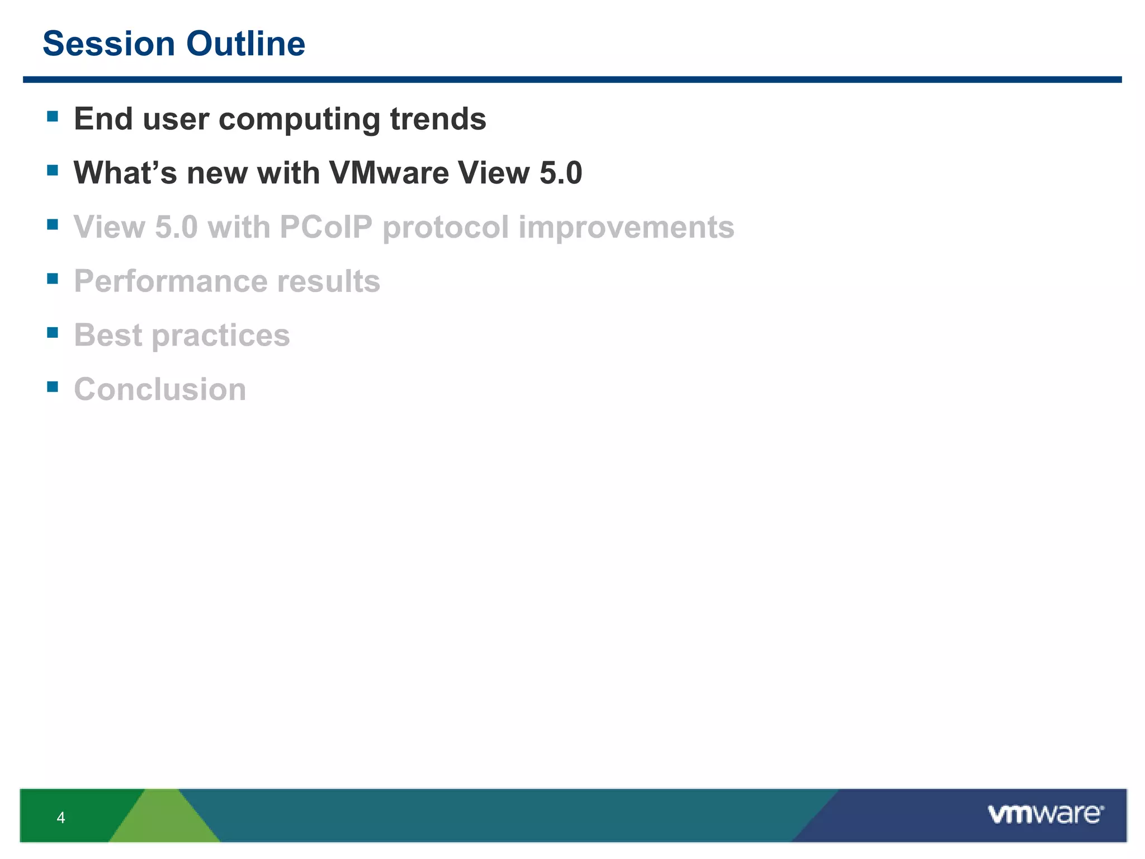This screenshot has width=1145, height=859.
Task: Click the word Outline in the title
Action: tap(245, 44)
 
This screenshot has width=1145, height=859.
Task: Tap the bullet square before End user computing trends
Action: tap(53, 116)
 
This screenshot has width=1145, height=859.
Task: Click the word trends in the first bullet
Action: tap(438, 119)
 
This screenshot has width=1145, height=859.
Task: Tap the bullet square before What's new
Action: tap(53, 170)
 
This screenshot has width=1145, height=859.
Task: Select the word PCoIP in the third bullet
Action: tap(325, 226)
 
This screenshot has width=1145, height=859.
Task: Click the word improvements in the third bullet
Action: tap(626, 228)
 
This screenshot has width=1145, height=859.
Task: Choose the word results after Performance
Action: tap(329, 281)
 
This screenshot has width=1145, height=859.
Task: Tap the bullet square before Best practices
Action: tap(53, 332)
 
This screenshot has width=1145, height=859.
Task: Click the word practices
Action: tap(221, 336)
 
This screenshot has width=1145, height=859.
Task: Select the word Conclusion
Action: tap(160, 389)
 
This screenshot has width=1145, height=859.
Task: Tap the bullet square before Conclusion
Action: tap(53, 386)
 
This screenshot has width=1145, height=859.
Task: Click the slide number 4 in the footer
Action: tap(61, 818)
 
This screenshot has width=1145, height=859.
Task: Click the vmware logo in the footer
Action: tap(1045, 814)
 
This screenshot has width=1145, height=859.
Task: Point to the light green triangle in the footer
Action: tap(164, 819)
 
